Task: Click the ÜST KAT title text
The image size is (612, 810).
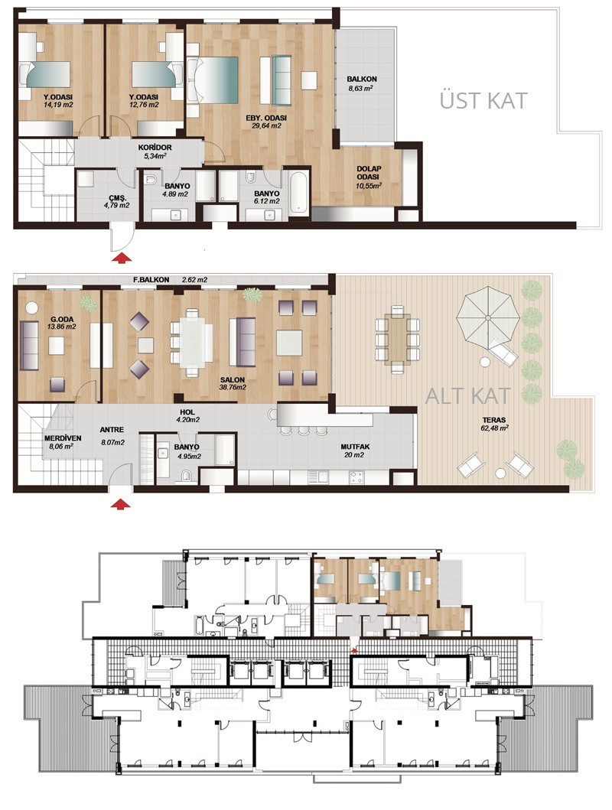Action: pos(483,101)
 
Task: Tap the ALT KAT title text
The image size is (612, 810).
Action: pos(467,395)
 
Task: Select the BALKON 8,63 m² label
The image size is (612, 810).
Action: pos(362,83)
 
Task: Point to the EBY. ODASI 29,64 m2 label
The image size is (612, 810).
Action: pos(266,122)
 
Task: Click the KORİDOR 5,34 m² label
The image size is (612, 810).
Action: pos(155,151)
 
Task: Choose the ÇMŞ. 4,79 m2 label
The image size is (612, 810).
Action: pos(117,201)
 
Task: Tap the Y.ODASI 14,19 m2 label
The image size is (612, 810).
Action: pos(58,101)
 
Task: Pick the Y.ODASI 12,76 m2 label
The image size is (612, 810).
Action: pos(144,101)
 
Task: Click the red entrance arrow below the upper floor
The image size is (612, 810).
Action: pos(122,258)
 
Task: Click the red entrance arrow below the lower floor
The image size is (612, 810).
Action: pos(122,503)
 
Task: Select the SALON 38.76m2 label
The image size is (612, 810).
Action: pos(233,383)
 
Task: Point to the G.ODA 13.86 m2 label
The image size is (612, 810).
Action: pos(61,323)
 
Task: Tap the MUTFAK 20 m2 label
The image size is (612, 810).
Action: pos(355,451)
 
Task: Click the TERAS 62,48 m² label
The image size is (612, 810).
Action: pos(494,424)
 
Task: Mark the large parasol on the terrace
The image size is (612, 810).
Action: pos(487,315)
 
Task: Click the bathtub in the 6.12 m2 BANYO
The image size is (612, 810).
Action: pos(299,193)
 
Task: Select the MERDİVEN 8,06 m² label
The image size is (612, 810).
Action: pos(63,442)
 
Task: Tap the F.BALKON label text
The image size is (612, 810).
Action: pos(151,279)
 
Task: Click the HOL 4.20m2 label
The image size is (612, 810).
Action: pos(187,416)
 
